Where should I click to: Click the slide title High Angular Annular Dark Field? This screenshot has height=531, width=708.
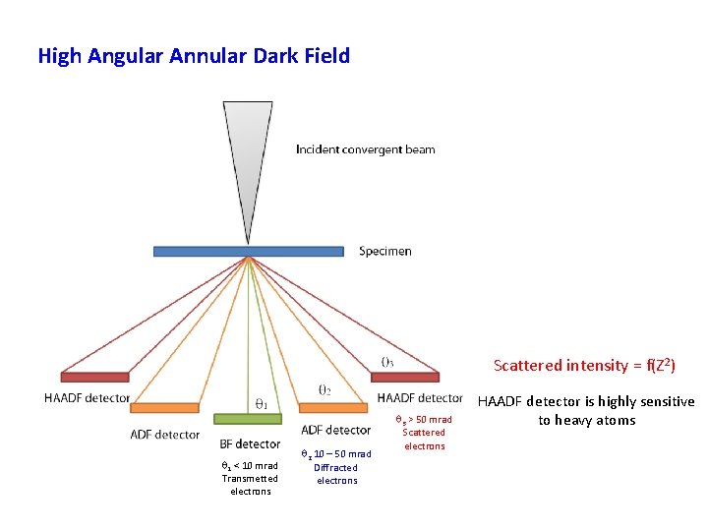click(x=194, y=56)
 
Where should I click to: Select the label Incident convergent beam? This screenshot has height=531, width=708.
click(x=365, y=149)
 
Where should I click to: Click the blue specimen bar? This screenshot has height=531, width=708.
click(x=248, y=251)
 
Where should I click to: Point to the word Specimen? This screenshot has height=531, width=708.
click(x=385, y=251)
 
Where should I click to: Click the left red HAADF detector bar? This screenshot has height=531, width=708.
click(x=94, y=377)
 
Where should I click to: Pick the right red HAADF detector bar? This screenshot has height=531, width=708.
click(x=404, y=377)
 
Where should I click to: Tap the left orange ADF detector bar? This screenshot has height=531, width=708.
click(x=164, y=407)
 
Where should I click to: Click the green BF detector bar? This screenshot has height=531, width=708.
click(x=248, y=418)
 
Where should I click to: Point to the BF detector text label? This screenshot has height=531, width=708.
click(x=250, y=444)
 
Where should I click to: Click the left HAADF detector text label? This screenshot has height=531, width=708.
click(x=87, y=398)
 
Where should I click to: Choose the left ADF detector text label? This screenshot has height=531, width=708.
click(x=164, y=435)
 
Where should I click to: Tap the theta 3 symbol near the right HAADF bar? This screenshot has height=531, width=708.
click(x=387, y=361)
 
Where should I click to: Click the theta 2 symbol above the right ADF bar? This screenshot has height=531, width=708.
click(x=324, y=389)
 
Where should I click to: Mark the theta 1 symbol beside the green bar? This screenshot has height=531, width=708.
click(x=262, y=403)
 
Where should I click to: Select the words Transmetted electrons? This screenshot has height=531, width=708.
click(x=250, y=485)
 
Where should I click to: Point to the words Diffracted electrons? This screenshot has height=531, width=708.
click(x=336, y=474)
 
